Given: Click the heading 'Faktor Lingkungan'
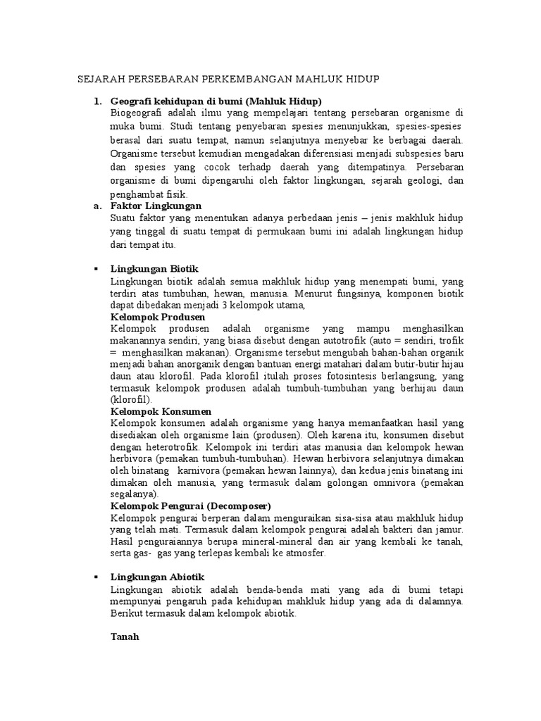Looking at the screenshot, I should click(x=156, y=206).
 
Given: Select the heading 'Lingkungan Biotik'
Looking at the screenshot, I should click(x=154, y=268).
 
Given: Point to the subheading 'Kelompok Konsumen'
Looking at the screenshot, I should click(x=161, y=410).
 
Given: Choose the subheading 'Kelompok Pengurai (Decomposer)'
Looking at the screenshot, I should click(x=190, y=506).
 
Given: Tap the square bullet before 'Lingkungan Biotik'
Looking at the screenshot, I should click(x=96, y=269).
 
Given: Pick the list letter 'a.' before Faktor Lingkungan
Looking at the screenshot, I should click(x=97, y=206).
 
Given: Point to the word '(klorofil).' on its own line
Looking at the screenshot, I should click(x=130, y=399).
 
